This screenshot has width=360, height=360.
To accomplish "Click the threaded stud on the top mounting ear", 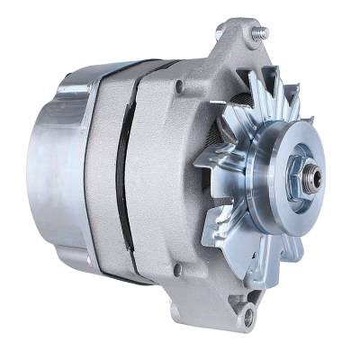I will [x=262, y=32].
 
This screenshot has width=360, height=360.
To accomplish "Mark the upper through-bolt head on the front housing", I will [x=181, y=87].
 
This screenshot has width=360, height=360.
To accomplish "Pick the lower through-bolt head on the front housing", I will [x=176, y=266].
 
